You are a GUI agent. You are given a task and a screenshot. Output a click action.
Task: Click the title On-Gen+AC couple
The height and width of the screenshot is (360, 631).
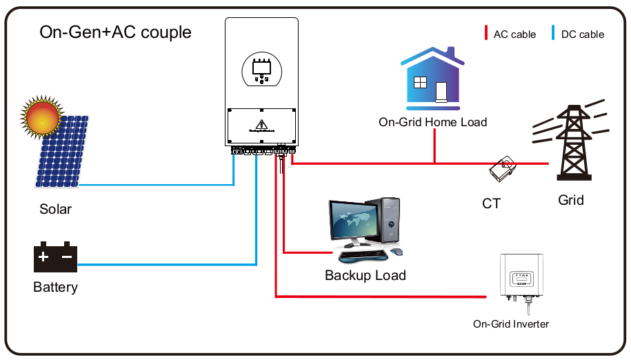pyautogui.click(x=115, y=32)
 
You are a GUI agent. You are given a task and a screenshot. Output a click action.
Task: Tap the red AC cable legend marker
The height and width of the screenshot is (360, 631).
pyautogui.click(x=486, y=33)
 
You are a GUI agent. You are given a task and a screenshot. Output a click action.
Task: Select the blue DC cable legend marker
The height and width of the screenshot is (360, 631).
pyautogui.click(x=553, y=33)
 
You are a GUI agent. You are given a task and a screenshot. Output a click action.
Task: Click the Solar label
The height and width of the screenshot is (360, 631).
pyautogui.click(x=55, y=209)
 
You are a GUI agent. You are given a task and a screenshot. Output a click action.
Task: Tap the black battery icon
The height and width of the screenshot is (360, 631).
pyautogui.click(x=55, y=257)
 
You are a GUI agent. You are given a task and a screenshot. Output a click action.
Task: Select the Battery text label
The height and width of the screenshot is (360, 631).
pyautogui.click(x=55, y=287)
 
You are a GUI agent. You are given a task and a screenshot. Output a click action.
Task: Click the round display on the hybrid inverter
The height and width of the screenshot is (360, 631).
pyautogui.click(x=261, y=72)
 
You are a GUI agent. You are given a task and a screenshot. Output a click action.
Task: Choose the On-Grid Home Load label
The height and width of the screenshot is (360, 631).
pyautogui.click(x=433, y=122)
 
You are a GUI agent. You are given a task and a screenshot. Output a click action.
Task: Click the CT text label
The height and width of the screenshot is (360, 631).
pyautogui.click(x=491, y=203)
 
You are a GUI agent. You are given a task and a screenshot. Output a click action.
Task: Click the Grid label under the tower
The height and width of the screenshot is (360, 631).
pyautogui.click(x=571, y=200)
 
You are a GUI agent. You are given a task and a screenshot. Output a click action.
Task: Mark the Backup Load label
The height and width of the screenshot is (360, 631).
pyautogui.click(x=365, y=275)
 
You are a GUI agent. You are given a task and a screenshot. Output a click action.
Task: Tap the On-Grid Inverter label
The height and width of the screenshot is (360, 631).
pyautogui.click(x=511, y=323)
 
